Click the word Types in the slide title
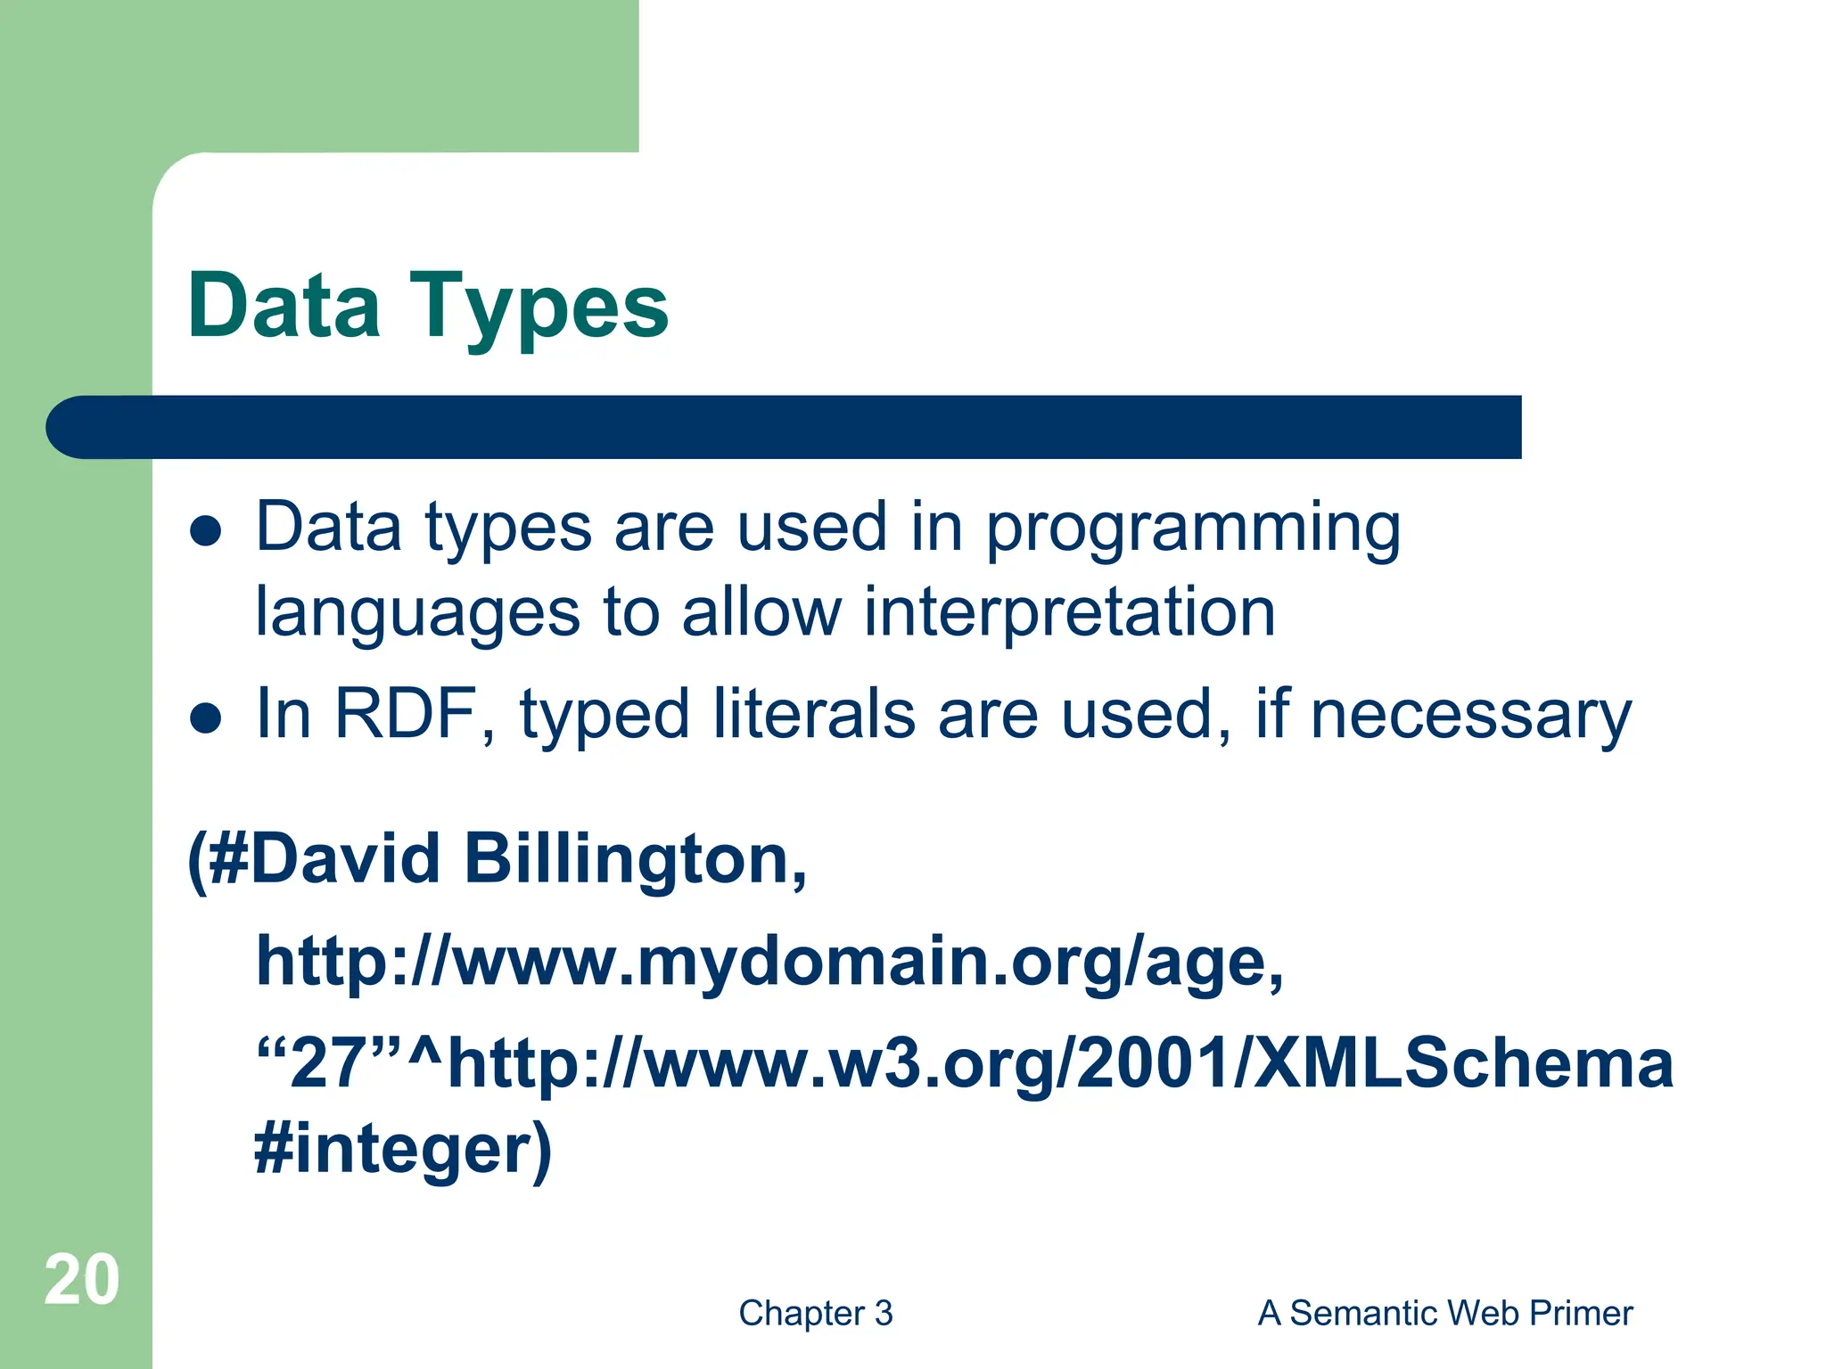[x=539, y=307]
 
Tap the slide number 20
[x=81, y=1281]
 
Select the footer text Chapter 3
[x=815, y=1313]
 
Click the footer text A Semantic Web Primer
[x=1444, y=1313]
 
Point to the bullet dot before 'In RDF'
[x=206, y=717]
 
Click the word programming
[x=1193, y=528]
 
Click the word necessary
[x=1471, y=716]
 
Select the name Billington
[x=635, y=859]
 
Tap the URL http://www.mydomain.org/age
[x=769, y=963]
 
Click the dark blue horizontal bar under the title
[x=785, y=427]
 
